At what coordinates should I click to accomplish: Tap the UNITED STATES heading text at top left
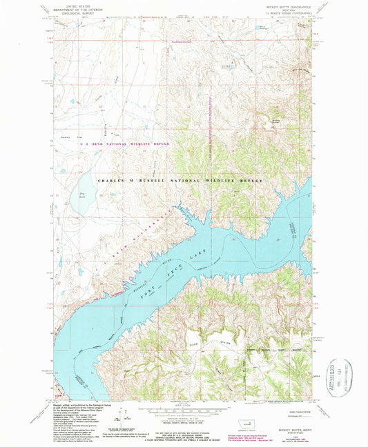tap(78, 3)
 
